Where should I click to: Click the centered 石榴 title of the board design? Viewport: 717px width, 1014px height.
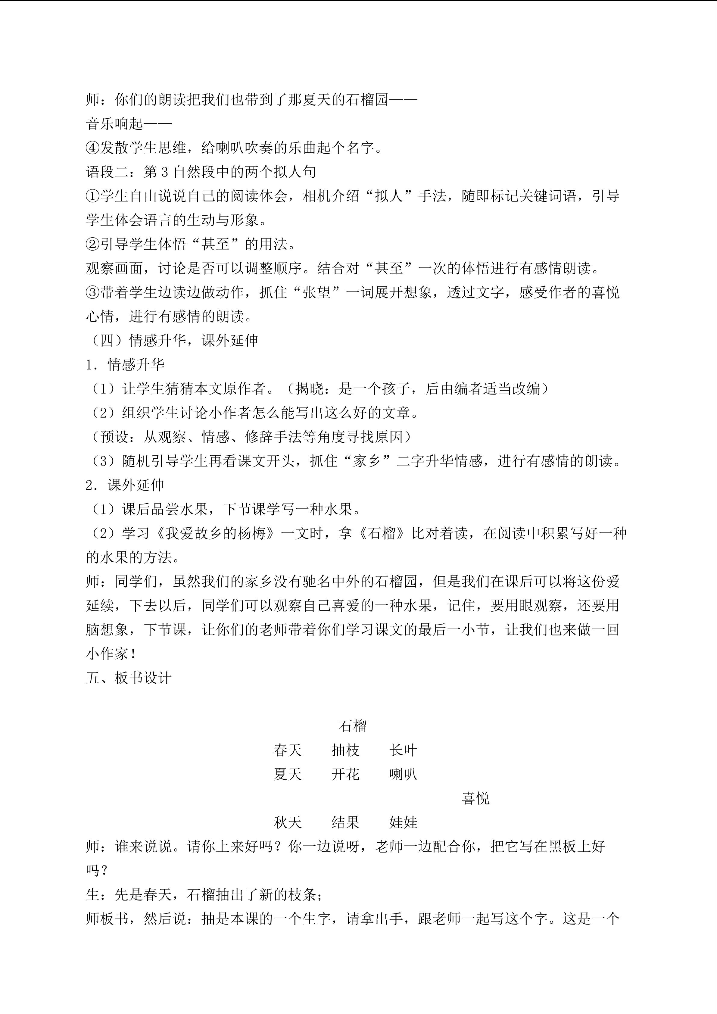point(352,725)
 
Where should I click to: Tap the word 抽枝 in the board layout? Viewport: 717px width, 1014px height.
point(345,750)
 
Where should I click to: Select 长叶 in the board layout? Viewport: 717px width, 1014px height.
point(403,750)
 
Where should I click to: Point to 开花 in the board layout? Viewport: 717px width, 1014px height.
point(345,774)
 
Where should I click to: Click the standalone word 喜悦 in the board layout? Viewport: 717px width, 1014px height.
point(475,798)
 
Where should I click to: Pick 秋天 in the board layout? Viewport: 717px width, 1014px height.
point(287,822)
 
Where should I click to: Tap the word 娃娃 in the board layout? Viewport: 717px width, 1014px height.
point(403,822)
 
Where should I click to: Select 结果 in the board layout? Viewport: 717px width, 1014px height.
point(345,822)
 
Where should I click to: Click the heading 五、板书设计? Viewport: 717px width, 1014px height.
point(129,678)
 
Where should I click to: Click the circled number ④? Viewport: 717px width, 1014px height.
point(93,148)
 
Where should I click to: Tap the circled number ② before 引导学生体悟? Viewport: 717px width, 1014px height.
point(93,244)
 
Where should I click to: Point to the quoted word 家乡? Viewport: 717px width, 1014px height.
point(367,461)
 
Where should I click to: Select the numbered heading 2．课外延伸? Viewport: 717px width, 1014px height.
point(125,485)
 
